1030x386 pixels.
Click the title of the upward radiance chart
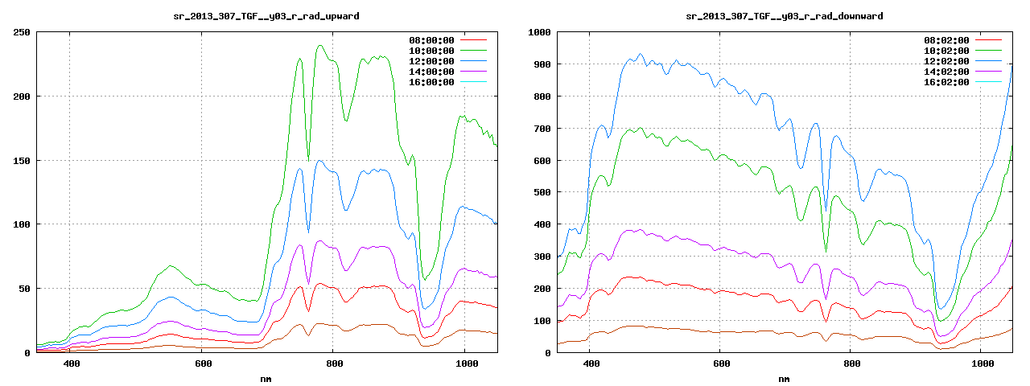266,16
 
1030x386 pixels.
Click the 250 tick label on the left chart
22,32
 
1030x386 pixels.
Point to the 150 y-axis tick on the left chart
22,160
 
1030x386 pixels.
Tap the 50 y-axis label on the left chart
25,288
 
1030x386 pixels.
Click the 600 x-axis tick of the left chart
203,364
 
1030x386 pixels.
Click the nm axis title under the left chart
266,378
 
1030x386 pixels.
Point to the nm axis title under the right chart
783,378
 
